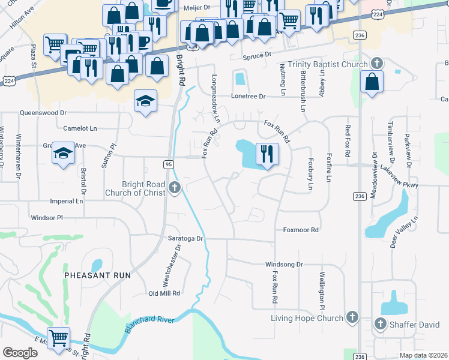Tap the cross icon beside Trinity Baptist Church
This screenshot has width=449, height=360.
coord(377,64)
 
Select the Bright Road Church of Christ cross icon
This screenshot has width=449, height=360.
coord(175,188)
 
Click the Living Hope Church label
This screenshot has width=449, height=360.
coord(307,318)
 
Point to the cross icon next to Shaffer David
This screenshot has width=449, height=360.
coord(379,325)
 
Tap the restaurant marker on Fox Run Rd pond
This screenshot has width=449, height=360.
coord(268,154)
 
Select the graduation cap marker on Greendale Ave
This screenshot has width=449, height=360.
coord(63,153)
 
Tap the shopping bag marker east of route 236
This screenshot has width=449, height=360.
coord(372,82)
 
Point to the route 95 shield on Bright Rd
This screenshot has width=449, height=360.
coord(169,164)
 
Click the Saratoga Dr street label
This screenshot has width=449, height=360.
coord(186,238)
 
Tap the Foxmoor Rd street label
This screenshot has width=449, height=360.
coord(301,230)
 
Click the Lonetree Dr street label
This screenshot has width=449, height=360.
coord(249,96)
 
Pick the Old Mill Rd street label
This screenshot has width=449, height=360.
coord(164,293)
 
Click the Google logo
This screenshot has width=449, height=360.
coord(20,353)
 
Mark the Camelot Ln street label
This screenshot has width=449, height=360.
coord(80,128)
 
